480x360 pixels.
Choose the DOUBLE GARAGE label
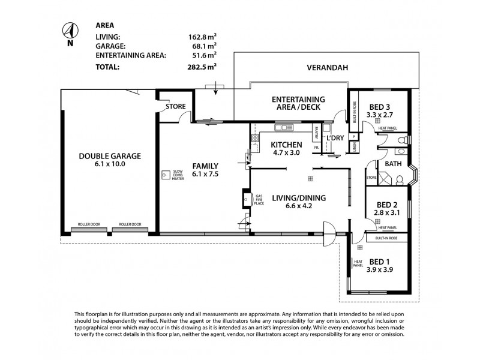110,156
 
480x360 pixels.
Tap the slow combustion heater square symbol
164,175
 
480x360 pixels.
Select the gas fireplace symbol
246,199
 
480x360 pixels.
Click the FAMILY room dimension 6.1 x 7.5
205,175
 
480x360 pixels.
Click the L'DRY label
335,138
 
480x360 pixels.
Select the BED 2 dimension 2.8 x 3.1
387,213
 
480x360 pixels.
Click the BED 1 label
380,261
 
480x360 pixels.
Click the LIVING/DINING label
298,197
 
